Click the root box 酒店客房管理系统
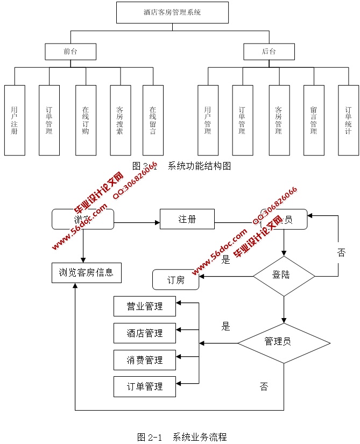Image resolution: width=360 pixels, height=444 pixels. (x=172, y=12)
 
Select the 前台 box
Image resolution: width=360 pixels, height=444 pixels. (x=70, y=52)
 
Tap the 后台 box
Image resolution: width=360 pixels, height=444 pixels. (x=269, y=52)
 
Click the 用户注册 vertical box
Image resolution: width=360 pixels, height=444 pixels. (x=15, y=120)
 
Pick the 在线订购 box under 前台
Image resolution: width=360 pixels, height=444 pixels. (x=86, y=120)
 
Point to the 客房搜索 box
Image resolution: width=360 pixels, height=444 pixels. (x=120, y=120)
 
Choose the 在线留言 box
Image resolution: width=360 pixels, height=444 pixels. (x=153, y=120)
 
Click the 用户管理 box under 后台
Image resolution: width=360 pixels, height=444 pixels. (x=208, y=120)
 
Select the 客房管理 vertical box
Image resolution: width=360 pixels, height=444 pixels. (x=278, y=120)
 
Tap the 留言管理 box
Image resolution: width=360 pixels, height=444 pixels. (x=313, y=120)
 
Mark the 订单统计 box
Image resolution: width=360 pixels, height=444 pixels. (x=348, y=120)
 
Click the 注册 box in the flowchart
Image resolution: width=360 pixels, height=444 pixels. (x=187, y=219)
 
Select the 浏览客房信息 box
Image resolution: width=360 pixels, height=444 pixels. (x=86, y=272)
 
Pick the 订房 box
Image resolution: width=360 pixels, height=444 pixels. (x=176, y=280)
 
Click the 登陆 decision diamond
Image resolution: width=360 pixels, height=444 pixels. (x=284, y=276)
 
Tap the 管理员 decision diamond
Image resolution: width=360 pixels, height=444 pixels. (x=284, y=342)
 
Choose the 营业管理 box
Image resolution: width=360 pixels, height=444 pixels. (x=145, y=306)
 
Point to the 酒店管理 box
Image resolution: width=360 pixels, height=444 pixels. (x=145, y=333)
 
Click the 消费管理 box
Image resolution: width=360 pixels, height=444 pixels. (x=145, y=360)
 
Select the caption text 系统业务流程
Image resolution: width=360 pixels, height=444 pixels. (x=200, y=436)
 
